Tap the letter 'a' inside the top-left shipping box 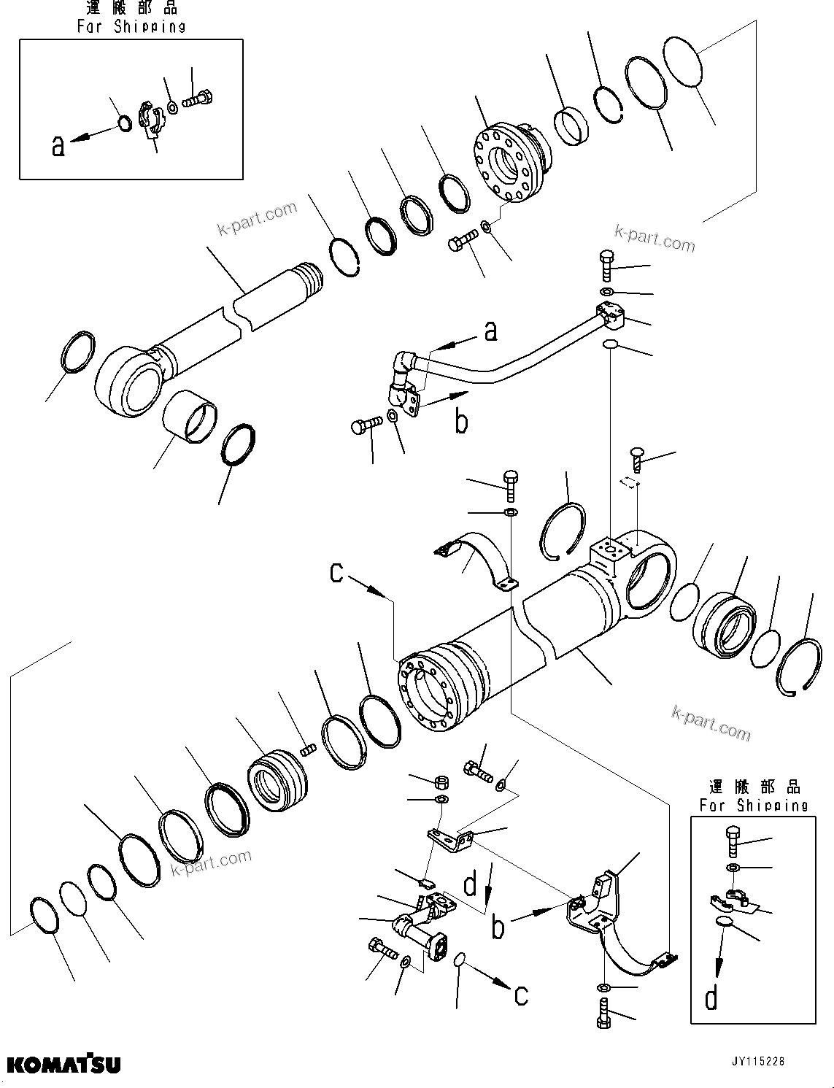tap(58, 146)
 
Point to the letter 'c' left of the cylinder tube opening tap(336, 573)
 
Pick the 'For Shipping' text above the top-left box tap(131, 27)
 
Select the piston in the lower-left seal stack tap(278, 779)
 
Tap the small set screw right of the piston tap(308, 749)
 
